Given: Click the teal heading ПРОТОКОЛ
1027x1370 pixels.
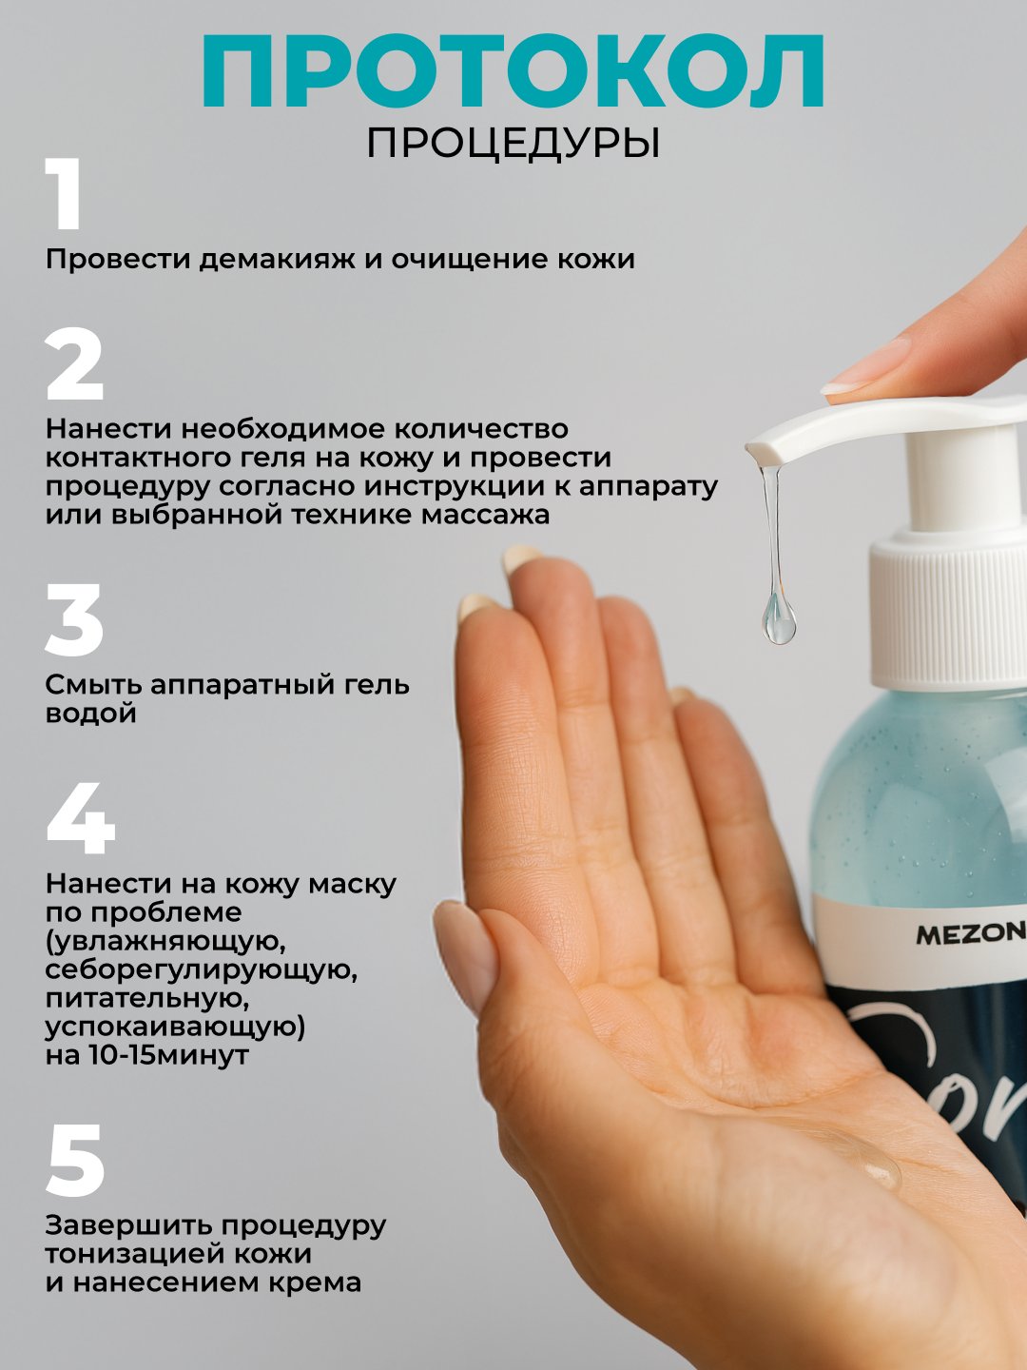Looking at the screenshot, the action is [x=513, y=71].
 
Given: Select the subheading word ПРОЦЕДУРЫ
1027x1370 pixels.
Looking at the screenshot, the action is [x=513, y=145].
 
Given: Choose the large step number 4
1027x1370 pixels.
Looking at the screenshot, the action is [x=81, y=817].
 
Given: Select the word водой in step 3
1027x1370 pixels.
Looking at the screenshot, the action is [x=91, y=714].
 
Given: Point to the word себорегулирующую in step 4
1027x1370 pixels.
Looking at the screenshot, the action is [x=202, y=969].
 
